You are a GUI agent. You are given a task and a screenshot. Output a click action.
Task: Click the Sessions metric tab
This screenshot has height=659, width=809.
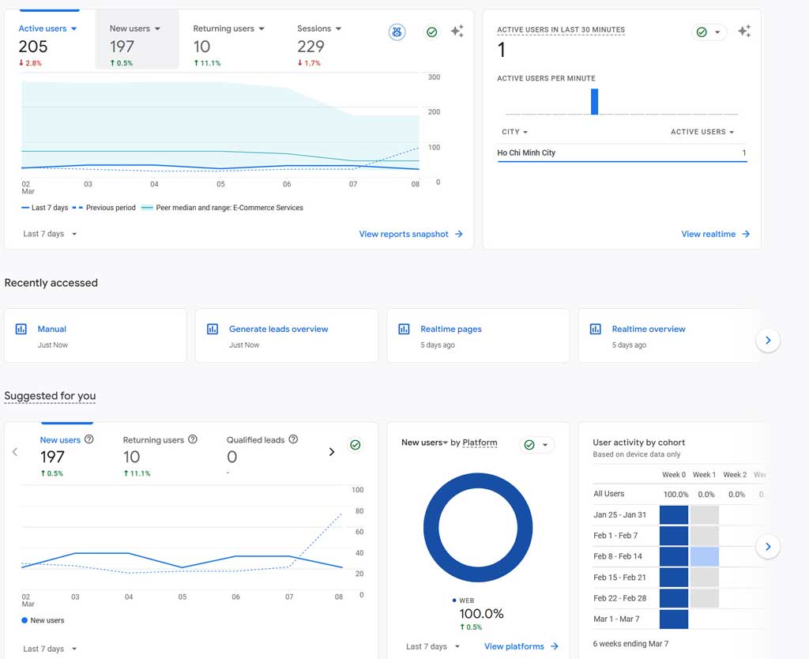point(314,28)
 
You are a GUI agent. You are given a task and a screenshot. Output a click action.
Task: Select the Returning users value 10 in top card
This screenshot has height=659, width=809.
point(201,47)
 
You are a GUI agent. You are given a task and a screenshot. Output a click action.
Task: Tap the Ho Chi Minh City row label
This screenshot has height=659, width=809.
point(526,153)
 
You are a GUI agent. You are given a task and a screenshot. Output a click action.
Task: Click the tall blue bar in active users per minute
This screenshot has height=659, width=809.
point(594,102)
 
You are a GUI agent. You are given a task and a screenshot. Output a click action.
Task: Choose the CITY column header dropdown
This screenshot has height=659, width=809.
point(514,132)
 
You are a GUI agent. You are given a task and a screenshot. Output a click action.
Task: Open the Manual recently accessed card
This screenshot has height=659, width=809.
point(52,329)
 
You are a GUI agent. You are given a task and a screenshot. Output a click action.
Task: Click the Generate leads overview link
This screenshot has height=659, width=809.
point(278,329)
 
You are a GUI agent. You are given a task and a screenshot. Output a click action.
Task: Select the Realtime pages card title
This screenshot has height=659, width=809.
point(450,329)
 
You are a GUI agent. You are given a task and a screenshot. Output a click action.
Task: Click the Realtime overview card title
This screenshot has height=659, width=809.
point(648,329)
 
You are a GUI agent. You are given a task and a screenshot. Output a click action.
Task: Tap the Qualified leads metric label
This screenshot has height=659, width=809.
point(255,440)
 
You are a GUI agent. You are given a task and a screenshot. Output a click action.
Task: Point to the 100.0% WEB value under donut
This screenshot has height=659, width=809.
point(481,614)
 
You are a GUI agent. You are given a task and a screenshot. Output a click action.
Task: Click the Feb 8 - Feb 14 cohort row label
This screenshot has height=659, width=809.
point(618,556)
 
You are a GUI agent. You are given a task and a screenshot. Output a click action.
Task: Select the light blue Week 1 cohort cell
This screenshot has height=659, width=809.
point(704,556)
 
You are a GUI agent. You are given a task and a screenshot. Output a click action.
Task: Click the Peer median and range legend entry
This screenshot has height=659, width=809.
point(229,208)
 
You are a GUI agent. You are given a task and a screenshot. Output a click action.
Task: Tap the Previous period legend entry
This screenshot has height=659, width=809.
point(110,208)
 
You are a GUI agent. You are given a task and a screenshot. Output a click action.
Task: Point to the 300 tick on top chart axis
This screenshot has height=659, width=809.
point(434,77)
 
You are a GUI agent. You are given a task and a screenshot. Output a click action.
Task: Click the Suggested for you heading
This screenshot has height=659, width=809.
point(50,396)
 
